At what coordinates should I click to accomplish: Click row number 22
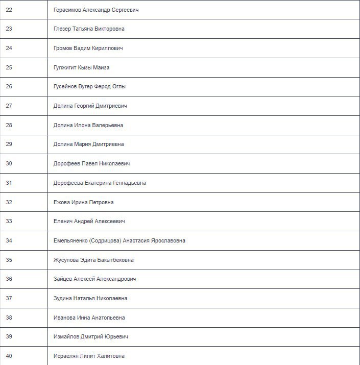tap(9, 10)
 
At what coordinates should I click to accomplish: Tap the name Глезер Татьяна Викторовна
tap(89, 29)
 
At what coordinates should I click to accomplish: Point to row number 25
tap(9, 67)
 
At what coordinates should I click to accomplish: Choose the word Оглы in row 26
tap(118, 87)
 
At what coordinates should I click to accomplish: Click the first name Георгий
tap(85, 106)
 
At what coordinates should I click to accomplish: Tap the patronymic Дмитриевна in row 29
tap(108, 144)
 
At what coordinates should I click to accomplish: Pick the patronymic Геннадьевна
tap(128, 183)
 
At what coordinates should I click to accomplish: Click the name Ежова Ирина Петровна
tap(83, 202)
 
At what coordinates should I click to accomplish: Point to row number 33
tap(9, 222)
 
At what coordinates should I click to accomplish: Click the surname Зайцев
tap(64, 279)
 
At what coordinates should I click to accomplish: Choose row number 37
tap(9, 298)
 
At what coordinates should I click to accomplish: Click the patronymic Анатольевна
tap(108, 318)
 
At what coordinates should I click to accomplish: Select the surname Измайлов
tap(69, 337)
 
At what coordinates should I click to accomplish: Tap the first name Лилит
tap(86, 356)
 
